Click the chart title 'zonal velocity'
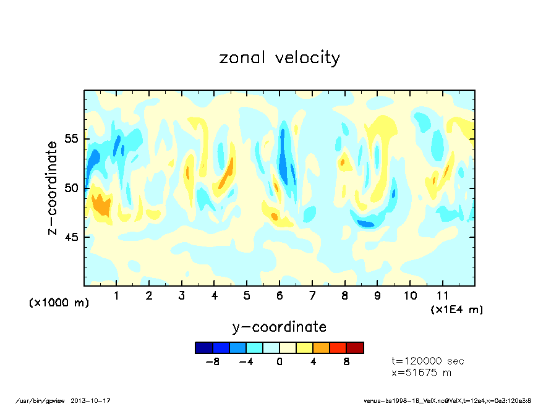279,57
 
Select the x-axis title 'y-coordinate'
279,327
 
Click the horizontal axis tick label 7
312,296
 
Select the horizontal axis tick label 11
442,296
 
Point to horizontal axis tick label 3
181,296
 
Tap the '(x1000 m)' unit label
59,303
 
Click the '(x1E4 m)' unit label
456,309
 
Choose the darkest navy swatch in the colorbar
203,348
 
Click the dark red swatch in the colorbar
355,348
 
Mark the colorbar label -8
212,362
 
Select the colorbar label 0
279,362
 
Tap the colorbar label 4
313,362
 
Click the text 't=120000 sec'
428,361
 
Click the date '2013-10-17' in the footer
95,400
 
